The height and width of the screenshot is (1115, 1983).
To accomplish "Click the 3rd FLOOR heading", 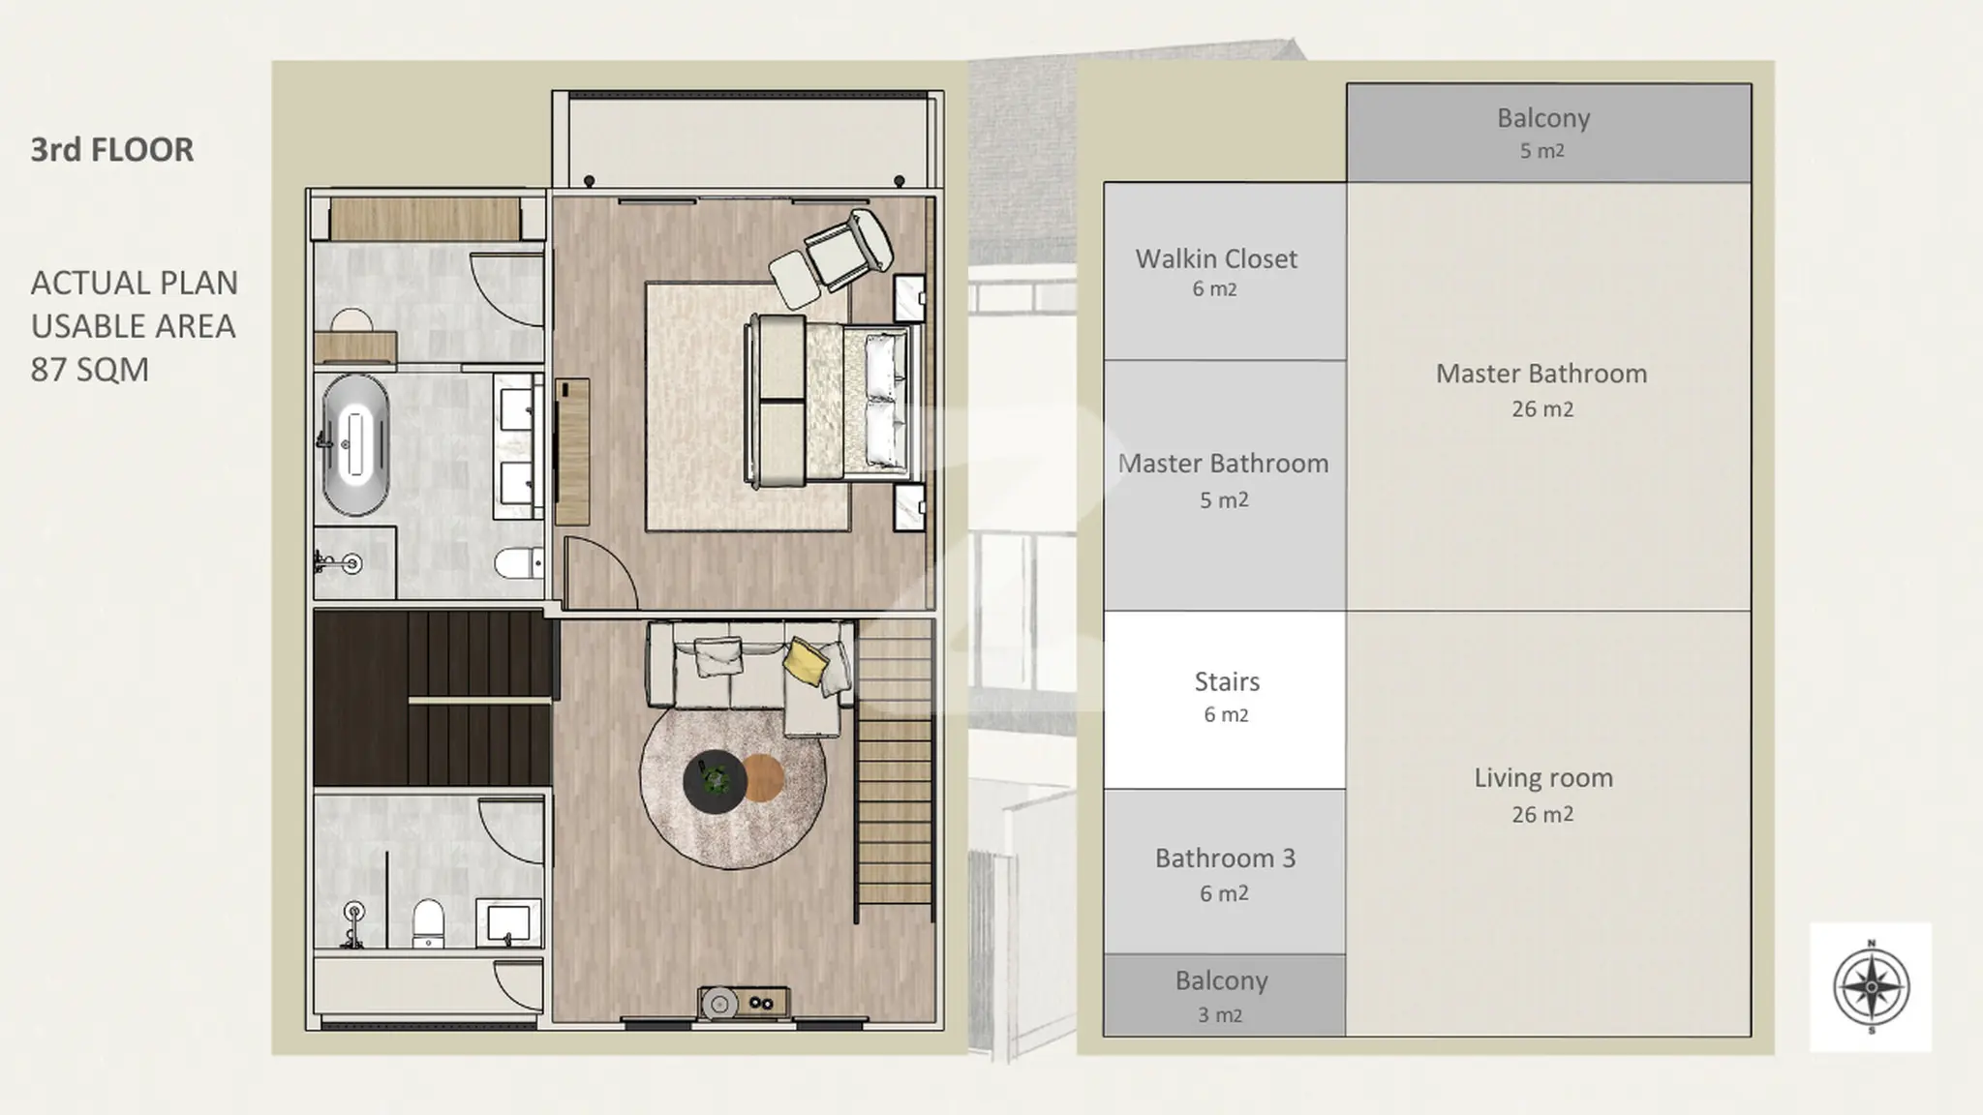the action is pyautogui.click(x=112, y=150).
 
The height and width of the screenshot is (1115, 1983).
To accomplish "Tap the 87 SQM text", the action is pyautogui.click(x=90, y=370).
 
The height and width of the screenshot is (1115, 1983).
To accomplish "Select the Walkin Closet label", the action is pyautogui.click(x=1216, y=258).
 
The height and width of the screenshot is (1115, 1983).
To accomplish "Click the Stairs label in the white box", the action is pyautogui.click(x=1227, y=681).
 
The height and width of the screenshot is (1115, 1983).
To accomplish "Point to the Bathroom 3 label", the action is pyautogui.click(x=1225, y=859).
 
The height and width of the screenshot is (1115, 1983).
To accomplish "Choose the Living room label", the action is pyautogui.click(x=1543, y=778).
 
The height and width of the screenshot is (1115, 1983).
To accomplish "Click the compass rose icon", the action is pyautogui.click(x=1871, y=987).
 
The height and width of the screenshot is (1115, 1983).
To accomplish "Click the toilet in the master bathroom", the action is pyautogui.click(x=518, y=562).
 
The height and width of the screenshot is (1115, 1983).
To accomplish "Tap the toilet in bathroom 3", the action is pyautogui.click(x=428, y=922).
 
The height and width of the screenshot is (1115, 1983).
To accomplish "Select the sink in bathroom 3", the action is pyautogui.click(x=508, y=921).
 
